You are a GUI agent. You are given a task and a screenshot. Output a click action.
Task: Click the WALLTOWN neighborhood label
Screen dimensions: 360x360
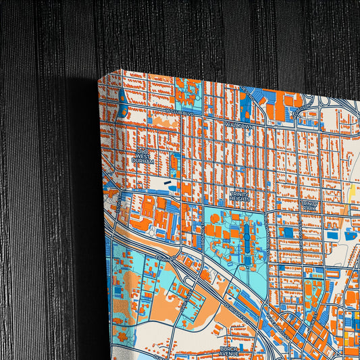click(238, 126)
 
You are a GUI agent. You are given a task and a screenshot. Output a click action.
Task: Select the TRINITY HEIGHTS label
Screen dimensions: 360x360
click(240, 197)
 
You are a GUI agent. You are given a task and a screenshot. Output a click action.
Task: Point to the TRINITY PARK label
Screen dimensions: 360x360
click(309, 205)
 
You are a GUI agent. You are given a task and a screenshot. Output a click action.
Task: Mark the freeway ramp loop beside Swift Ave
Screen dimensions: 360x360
click(182, 276)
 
